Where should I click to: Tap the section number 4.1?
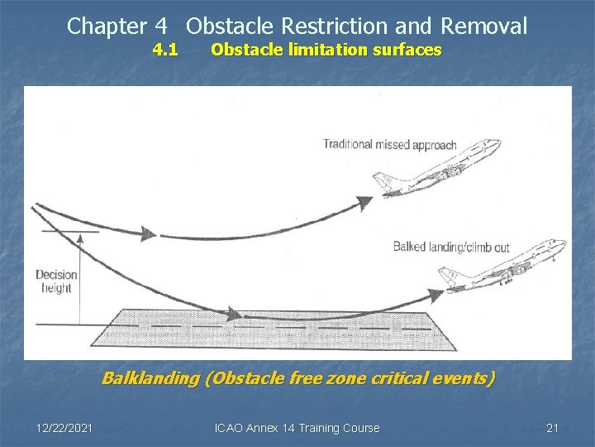click(x=165, y=50)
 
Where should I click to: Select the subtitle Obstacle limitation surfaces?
click(x=326, y=50)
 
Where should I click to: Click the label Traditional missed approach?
click(x=389, y=145)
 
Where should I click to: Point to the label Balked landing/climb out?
click(x=451, y=246)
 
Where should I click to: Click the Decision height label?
click(x=56, y=281)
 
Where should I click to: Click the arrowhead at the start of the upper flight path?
click(x=146, y=234)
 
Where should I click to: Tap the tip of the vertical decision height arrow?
click(x=79, y=237)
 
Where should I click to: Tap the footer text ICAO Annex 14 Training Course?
click(x=297, y=428)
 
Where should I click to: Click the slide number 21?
click(x=553, y=428)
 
